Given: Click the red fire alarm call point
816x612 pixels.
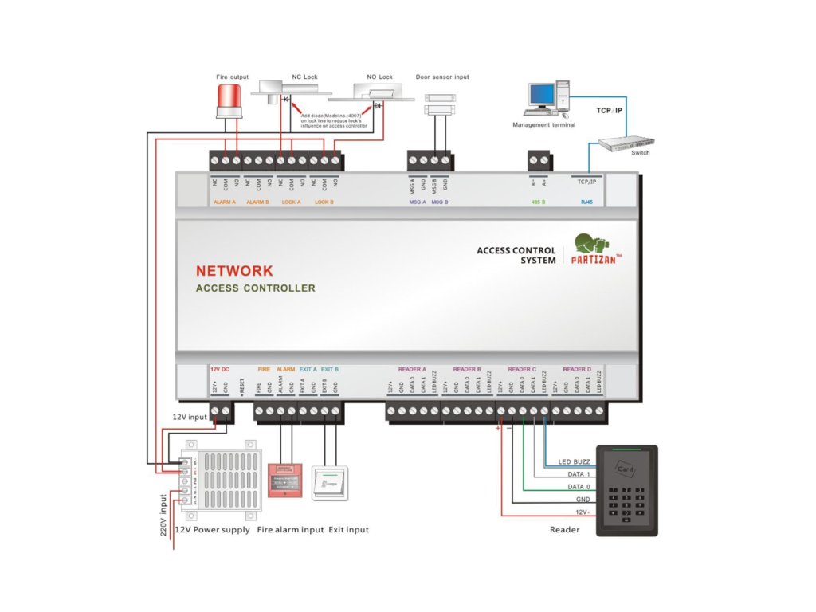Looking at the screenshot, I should click(x=285, y=480).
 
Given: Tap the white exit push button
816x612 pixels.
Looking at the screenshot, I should click(x=330, y=481).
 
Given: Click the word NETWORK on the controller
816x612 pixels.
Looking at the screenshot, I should click(x=234, y=271).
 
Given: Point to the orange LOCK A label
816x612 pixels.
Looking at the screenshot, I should click(x=292, y=202).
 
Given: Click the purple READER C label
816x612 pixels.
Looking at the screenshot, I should click(x=523, y=370).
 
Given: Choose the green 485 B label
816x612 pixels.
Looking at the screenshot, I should click(x=538, y=202).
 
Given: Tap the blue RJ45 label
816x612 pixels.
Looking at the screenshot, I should click(x=587, y=202).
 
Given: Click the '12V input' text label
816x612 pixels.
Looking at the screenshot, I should click(x=190, y=417).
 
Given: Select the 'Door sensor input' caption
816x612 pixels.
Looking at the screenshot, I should click(x=442, y=77).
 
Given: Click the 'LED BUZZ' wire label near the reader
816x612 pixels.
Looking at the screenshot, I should click(x=574, y=462).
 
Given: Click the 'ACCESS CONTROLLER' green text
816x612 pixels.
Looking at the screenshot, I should click(x=255, y=288).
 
